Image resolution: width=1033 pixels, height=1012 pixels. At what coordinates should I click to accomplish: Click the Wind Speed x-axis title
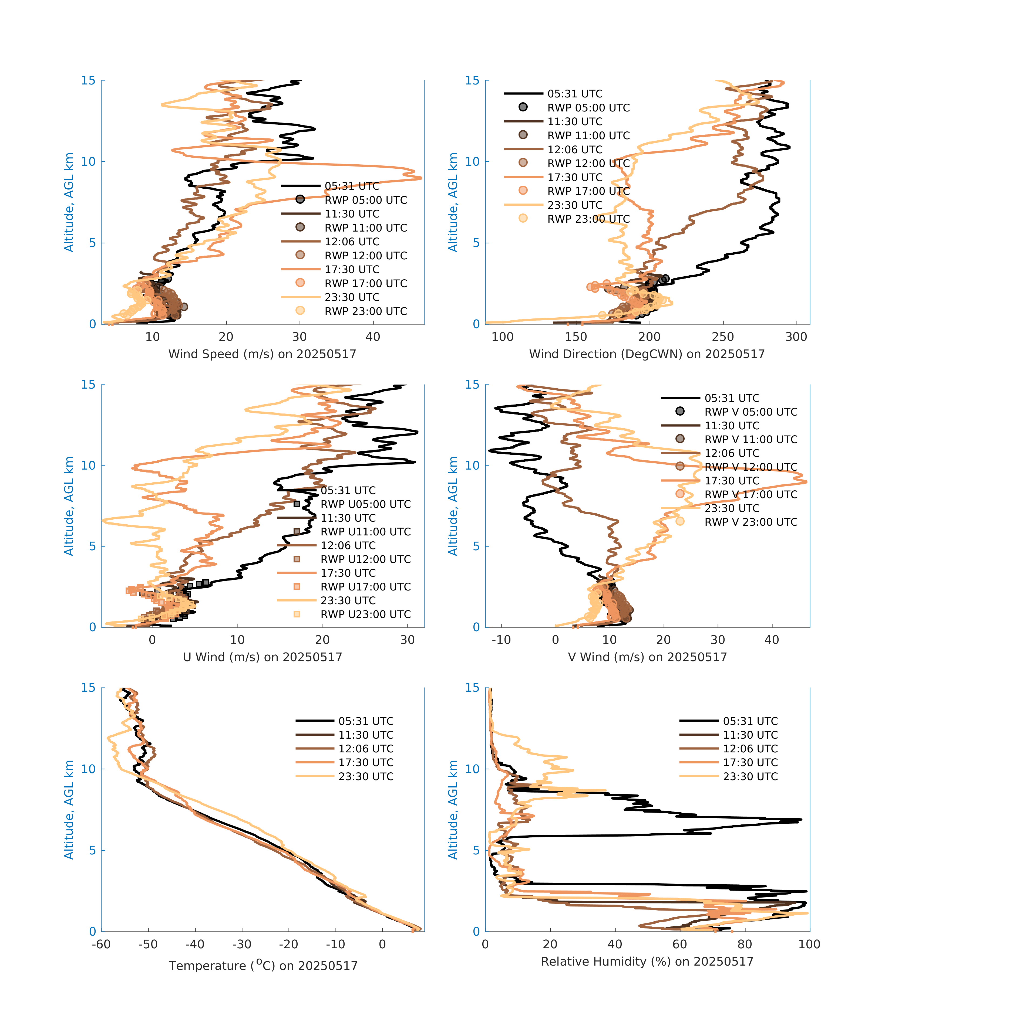pos(262,354)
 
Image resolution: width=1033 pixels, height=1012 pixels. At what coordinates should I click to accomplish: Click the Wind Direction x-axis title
pos(647,354)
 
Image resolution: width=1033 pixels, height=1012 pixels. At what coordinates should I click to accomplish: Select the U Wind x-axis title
pos(262,657)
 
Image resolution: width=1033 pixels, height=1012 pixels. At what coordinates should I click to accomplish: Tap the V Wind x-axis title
pos(647,657)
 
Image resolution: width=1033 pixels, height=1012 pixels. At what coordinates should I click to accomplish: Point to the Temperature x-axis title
pos(263,966)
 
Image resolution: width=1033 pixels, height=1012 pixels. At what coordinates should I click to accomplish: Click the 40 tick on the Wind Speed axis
pos(373,337)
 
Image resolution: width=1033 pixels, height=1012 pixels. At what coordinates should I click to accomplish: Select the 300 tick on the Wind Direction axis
pos(796,337)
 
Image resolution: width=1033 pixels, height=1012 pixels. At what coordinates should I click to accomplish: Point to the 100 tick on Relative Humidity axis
pos(809,945)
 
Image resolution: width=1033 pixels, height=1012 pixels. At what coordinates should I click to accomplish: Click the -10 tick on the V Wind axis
pos(501,640)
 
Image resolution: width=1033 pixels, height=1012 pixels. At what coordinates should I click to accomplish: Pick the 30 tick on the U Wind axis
pos(408,640)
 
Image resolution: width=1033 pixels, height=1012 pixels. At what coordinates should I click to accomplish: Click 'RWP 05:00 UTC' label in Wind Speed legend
pos(366,200)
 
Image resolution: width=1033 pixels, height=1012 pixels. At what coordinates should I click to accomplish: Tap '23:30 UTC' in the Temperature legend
pos(366,776)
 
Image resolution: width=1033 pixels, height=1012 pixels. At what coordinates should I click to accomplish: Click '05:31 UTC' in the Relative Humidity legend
pos(750,721)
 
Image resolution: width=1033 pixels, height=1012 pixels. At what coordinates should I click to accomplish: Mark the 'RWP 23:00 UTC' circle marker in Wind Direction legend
pos(523,218)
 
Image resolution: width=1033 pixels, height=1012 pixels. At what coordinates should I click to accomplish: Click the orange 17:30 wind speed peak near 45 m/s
pos(420,178)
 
